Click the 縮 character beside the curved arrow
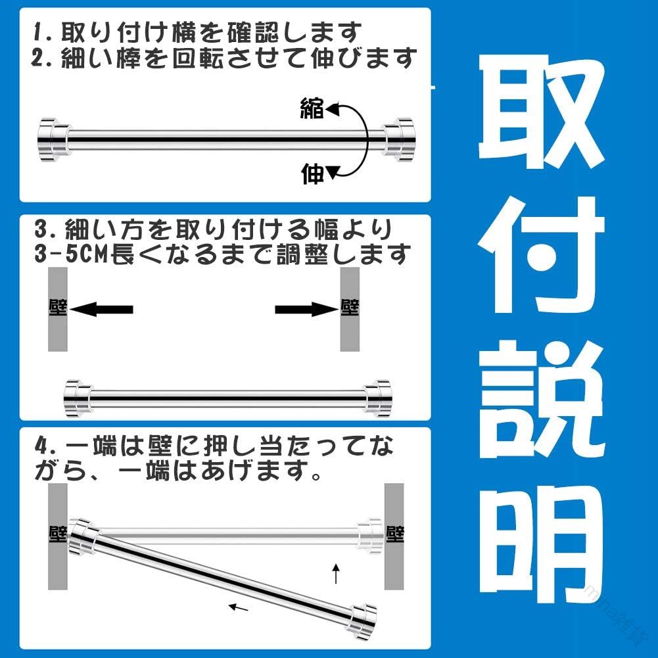point(312,108)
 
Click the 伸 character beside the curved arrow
point(313,174)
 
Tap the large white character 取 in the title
point(542,112)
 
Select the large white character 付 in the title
point(542,255)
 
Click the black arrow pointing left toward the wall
point(101,310)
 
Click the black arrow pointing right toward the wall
point(307,310)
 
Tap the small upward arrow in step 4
point(336,573)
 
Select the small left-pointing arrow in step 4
point(239,607)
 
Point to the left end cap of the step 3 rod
point(77,398)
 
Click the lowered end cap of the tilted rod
point(363,623)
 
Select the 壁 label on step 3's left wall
point(58,307)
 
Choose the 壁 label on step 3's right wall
point(350,307)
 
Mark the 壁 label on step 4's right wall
point(394,534)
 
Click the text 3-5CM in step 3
point(72,254)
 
